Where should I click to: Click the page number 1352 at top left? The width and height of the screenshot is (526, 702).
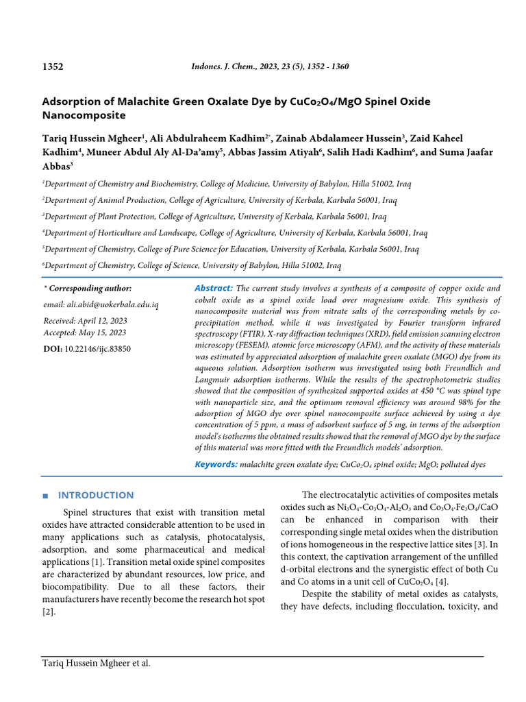tap(53, 66)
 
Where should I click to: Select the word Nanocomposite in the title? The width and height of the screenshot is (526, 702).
tap(84, 115)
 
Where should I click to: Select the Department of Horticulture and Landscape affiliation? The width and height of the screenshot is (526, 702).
tap(235, 233)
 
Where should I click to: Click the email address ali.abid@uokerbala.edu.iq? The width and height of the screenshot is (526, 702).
tap(101, 304)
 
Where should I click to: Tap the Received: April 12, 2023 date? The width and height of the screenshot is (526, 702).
tap(85, 320)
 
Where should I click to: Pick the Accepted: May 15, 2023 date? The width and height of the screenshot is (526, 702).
tap(84, 332)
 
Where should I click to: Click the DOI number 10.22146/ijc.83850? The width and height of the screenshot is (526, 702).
tap(97, 349)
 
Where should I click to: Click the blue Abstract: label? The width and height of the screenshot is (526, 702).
tap(214, 289)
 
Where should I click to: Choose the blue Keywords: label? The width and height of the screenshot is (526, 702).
tap(216, 464)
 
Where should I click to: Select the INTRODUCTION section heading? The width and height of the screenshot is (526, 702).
tap(95, 495)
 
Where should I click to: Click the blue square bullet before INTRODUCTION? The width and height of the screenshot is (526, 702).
tap(45, 496)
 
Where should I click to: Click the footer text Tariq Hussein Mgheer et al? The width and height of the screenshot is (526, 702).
tap(96, 663)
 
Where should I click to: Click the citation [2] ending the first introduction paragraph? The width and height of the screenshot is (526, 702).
tap(47, 612)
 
